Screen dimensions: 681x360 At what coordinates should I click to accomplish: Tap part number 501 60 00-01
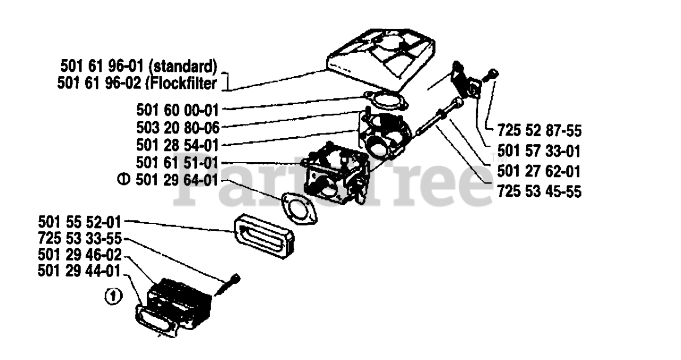pyautogui.click(x=177, y=110)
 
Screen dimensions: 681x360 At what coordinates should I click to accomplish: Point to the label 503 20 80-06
pyautogui.click(x=177, y=127)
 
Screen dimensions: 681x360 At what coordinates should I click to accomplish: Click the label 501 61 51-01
pyautogui.click(x=177, y=163)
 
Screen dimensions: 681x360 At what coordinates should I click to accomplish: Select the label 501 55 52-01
pyautogui.click(x=80, y=220)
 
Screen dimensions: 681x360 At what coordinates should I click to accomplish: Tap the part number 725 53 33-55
pyautogui.click(x=80, y=237)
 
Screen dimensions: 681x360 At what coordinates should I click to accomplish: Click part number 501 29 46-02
pyautogui.click(x=80, y=254)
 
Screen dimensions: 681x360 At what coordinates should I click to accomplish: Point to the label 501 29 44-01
pyautogui.click(x=80, y=271)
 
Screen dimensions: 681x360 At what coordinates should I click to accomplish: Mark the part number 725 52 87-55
pyautogui.click(x=538, y=130)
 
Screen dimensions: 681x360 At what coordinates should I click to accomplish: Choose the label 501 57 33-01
pyautogui.click(x=538, y=151)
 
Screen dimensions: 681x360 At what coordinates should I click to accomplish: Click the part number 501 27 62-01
pyautogui.click(x=538, y=172)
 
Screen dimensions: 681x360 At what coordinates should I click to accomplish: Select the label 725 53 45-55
pyautogui.click(x=538, y=191)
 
